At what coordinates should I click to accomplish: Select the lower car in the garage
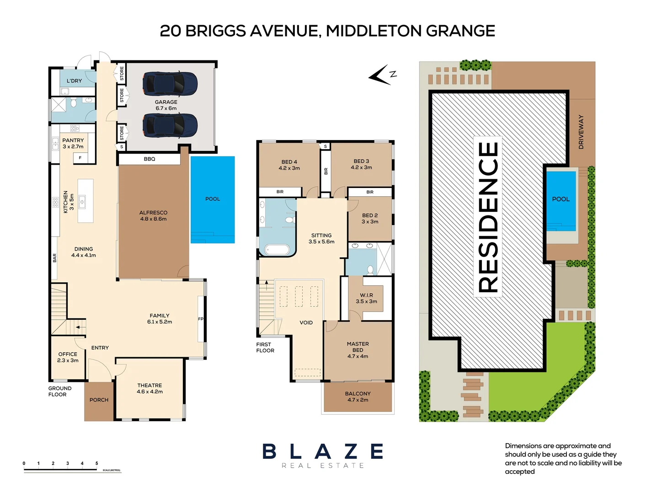[170, 125]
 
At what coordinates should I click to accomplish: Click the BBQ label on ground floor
[149, 159]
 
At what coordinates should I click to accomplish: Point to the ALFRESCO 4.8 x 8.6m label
[153, 216]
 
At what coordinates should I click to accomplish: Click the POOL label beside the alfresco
[213, 199]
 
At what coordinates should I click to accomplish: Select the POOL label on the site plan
[561, 199]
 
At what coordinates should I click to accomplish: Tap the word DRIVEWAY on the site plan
[581, 132]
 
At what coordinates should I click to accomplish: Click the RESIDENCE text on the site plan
[488, 217]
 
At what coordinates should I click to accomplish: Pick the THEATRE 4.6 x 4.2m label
[149, 388]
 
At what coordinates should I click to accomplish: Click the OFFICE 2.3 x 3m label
[68, 357]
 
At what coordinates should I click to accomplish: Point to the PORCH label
[99, 400]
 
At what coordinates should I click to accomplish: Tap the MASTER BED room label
[358, 350]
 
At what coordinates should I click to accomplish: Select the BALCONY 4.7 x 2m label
[358, 397]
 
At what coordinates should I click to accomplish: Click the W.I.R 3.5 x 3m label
[366, 298]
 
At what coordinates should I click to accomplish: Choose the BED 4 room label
[289, 165]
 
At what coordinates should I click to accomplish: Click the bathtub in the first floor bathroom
[277, 250]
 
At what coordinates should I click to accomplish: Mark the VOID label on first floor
[306, 322]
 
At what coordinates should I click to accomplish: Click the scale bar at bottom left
[72, 469]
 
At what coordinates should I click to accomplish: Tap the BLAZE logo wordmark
[323, 451]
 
